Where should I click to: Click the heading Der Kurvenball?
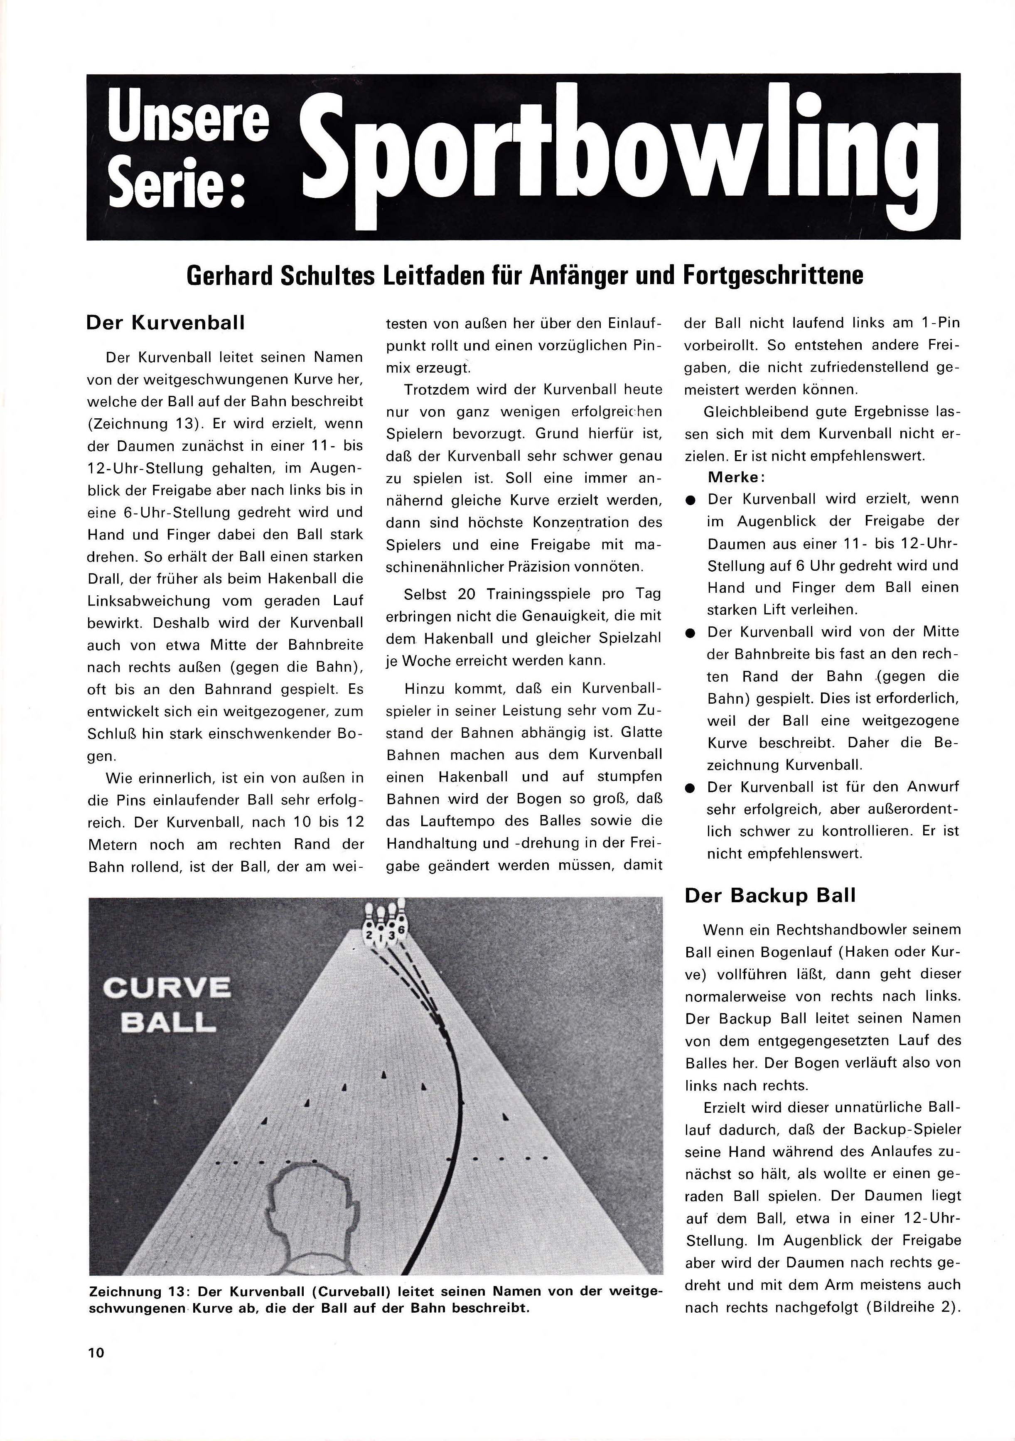165,323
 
